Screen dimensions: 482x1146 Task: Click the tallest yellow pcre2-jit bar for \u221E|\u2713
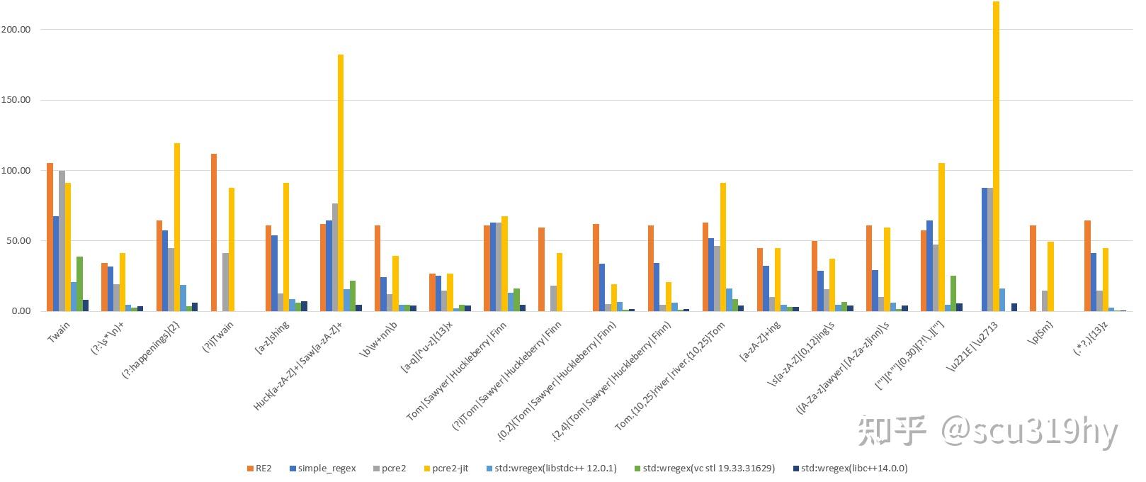coord(996,156)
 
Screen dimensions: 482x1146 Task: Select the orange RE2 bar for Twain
coord(50,237)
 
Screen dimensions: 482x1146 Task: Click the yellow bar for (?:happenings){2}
coord(177,227)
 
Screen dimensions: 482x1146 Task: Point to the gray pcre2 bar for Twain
coord(62,241)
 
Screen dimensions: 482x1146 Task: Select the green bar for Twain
coord(80,284)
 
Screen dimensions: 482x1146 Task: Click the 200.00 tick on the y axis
coord(16,30)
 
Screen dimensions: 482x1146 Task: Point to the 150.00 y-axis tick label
coord(16,100)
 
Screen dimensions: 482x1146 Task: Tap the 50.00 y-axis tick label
coord(18,241)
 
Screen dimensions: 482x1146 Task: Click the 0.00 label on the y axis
coord(21,311)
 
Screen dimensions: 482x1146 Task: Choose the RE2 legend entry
coord(259,469)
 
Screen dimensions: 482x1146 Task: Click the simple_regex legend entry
coord(322,469)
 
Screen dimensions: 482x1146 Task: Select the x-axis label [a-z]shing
coord(270,338)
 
